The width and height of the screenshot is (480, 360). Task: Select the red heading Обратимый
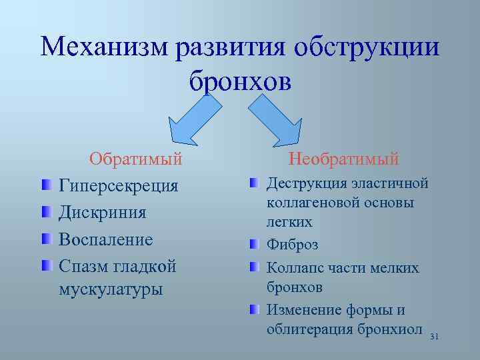136,159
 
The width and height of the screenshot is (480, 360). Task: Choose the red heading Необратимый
343,159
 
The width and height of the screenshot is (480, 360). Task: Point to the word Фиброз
292,245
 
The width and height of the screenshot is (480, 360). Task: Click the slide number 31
434,337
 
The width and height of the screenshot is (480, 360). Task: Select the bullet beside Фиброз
255,244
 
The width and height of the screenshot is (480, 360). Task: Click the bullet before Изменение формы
255,310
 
